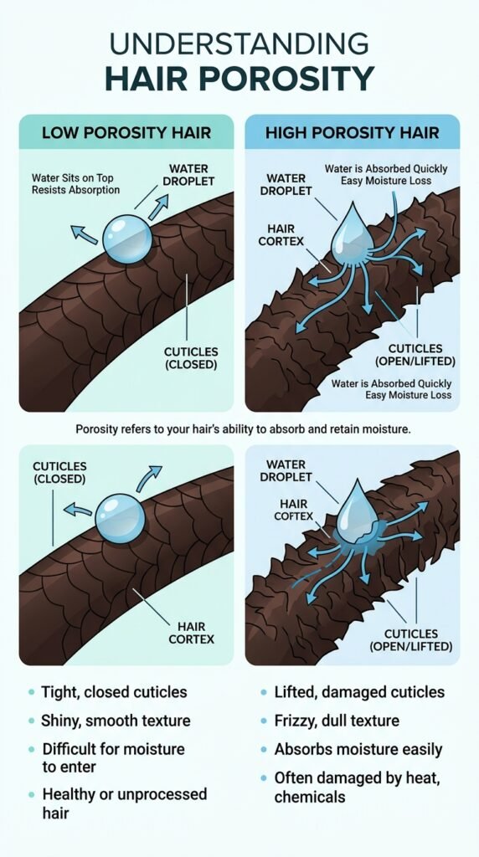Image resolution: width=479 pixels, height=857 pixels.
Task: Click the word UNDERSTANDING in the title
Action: [x=239, y=44]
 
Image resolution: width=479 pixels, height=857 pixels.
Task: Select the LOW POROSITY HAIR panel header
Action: [x=126, y=133]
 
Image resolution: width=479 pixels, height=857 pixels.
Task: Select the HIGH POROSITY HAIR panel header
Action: [x=353, y=133]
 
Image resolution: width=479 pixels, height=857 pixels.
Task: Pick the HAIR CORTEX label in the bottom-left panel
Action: [x=192, y=633]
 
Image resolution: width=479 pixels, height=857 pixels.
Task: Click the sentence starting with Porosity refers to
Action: [x=243, y=429]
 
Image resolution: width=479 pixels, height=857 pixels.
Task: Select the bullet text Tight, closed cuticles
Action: [x=114, y=692]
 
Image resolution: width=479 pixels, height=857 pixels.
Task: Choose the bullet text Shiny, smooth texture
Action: [x=116, y=721]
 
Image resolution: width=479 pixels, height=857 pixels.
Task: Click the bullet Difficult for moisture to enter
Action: [x=113, y=757]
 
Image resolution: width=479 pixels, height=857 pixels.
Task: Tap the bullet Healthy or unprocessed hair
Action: [x=125, y=803]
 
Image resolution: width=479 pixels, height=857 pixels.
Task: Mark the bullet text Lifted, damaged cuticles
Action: [x=359, y=692]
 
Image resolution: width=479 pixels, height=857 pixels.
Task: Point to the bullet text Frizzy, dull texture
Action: [x=337, y=721]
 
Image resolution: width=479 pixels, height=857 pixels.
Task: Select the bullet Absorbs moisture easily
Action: [x=358, y=749]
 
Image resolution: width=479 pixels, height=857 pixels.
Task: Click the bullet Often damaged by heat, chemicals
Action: [x=357, y=787]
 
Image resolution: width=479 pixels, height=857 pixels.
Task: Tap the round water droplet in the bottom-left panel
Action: [x=121, y=518]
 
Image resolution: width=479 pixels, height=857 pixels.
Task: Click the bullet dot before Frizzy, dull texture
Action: [x=264, y=721]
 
